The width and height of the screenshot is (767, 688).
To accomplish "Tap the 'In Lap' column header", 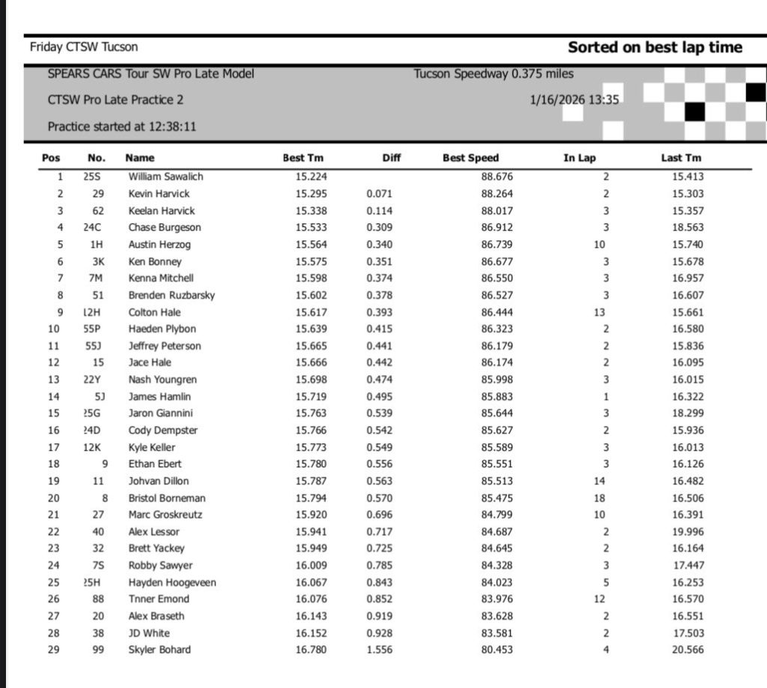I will point(580,158).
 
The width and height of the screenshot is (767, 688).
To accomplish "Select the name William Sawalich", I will point(166,177).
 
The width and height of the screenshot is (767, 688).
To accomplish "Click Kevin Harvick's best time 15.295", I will point(311,194).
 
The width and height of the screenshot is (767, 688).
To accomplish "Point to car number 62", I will point(97,211).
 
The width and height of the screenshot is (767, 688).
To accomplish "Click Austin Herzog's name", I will point(160,245).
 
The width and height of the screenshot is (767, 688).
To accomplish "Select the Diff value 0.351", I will point(379,261).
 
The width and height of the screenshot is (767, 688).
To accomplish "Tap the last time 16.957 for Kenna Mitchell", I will point(688,278).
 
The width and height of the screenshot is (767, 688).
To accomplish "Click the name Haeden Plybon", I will point(162,329).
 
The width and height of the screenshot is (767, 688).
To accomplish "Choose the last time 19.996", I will point(688,532).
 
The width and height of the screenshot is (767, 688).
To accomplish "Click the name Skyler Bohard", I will point(160,649).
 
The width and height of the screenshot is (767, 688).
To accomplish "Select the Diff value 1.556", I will point(379,649).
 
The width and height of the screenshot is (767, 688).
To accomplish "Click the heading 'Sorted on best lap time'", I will point(655,48).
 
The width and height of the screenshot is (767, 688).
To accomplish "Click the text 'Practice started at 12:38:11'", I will point(122,127).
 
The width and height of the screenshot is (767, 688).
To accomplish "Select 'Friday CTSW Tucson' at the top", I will point(84,47).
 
